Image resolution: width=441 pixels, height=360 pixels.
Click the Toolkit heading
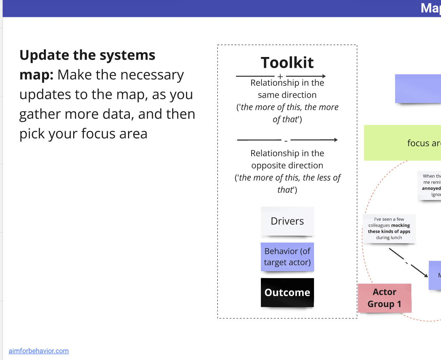click(x=287, y=63)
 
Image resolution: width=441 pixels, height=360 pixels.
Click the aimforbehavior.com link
click(x=39, y=351)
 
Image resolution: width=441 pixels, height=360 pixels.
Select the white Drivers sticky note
click(x=287, y=221)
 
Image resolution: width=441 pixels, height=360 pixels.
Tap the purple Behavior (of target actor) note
click(x=287, y=257)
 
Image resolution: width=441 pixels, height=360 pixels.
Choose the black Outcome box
click(x=287, y=292)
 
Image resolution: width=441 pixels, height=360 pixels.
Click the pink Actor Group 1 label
click(x=384, y=298)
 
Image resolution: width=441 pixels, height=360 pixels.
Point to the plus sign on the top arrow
click(x=280, y=76)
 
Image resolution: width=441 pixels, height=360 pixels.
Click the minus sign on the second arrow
click(x=286, y=141)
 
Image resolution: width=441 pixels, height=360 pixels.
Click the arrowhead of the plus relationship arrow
click(x=324, y=76)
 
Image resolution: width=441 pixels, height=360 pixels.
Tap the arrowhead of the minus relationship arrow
click(x=335, y=140)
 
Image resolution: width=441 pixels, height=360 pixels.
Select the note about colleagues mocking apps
click(x=389, y=228)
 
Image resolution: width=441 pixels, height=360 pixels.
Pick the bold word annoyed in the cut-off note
click(x=431, y=188)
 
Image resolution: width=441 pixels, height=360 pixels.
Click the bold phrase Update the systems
click(x=87, y=55)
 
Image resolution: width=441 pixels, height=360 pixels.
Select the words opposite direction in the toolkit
click(x=287, y=165)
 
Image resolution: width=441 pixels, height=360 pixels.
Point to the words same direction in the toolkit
click(x=287, y=95)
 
